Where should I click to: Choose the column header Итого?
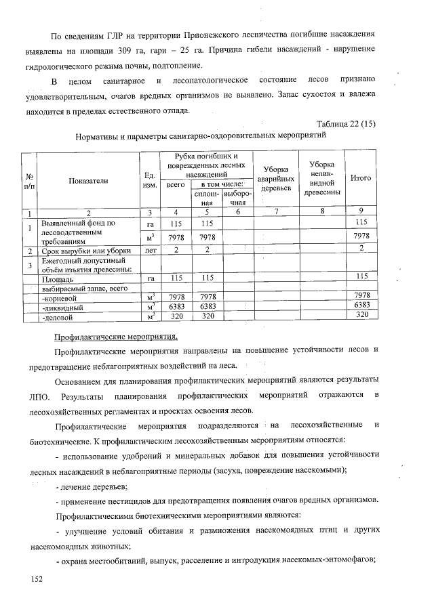click(x=360, y=178)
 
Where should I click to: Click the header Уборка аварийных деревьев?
click(x=275, y=178)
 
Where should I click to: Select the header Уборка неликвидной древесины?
click(x=321, y=178)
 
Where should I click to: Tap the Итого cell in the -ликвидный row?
click(x=361, y=305)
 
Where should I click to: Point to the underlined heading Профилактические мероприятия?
click(x=116, y=337)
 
